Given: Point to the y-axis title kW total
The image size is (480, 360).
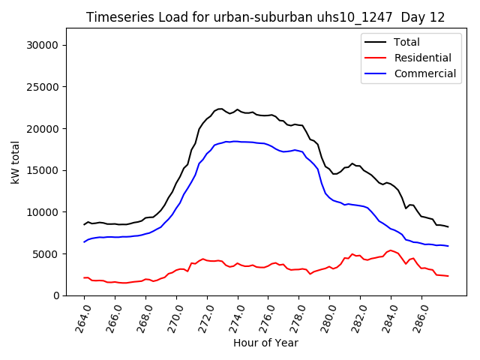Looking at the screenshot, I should [x=16, y=161].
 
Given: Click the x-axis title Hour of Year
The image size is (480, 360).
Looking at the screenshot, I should [x=265, y=343].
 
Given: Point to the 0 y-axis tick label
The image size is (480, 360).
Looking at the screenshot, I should [x=56, y=295].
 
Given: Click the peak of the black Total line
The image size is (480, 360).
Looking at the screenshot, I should [x=220, y=109].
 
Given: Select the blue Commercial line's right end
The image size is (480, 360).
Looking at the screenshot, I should [x=448, y=246].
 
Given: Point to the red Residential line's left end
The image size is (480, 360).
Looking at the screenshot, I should [x=84, y=277].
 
